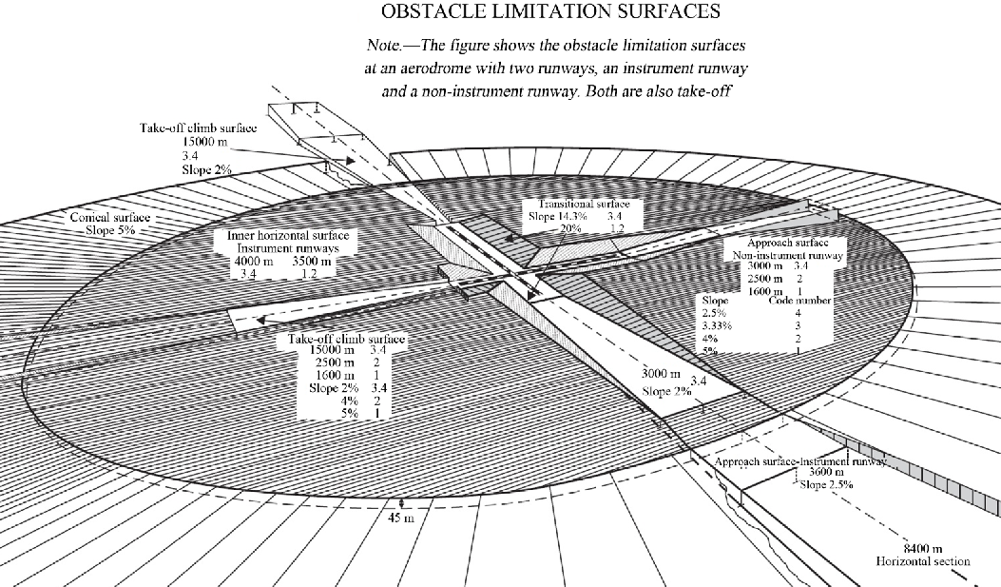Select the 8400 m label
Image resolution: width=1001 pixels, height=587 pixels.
[921, 549]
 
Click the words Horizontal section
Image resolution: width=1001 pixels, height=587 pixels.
[923, 561]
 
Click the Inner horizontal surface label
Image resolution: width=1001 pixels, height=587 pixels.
[287, 235]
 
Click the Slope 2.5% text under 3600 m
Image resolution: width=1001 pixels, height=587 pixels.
[825, 484]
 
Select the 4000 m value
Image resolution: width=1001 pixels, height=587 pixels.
[254, 261]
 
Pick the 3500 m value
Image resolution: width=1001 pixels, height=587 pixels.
[312, 261]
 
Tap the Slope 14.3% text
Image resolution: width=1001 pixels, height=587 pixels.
[560, 217]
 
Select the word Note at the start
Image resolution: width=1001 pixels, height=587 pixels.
[385, 46]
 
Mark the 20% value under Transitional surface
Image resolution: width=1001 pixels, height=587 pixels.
[569, 229]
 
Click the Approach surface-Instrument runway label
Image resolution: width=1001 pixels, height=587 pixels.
[800, 460]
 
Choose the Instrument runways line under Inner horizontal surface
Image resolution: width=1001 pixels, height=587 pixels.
[284, 247]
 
